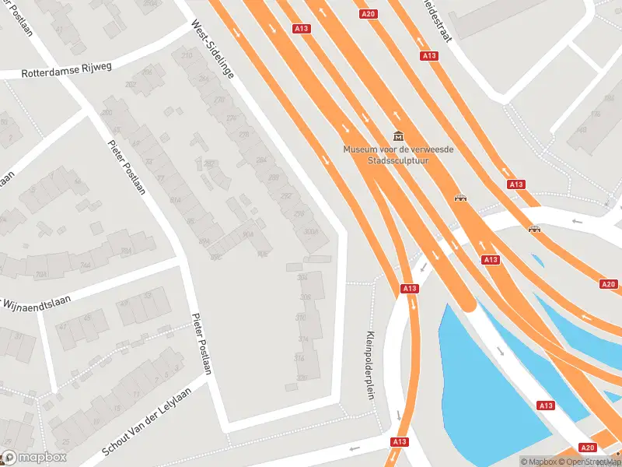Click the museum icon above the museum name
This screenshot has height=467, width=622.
pyautogui.click(x=399, y=136)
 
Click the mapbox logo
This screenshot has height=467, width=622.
pyautogui.click(x=33, y=458)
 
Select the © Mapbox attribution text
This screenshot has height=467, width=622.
pyautogui.click(x=537, y=462)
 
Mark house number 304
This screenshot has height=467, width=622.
pyautogui.click(x=302, y=278)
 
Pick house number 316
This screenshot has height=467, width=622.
pyautogui.click(x=299, y=358)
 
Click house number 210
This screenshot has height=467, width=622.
pyautogui.click(x=186, y=55)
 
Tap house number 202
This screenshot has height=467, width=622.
pyautogui.click(x=131, y=84)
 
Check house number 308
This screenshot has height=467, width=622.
pyautogui.click(x=305, y=298)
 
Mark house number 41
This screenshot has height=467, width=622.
pyautogui.click(x=58, y=30)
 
